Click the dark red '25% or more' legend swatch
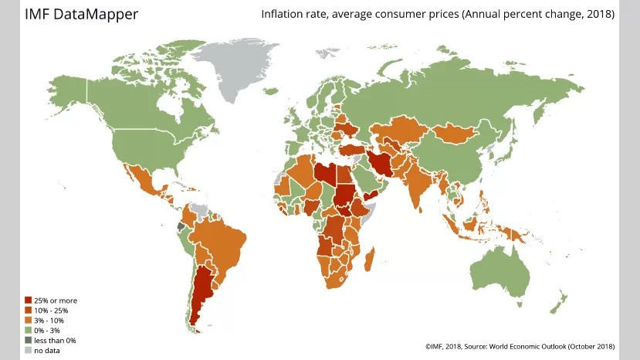coord(29,301)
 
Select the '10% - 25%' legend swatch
coord(29,311)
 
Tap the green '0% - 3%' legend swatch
coord(29,331)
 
